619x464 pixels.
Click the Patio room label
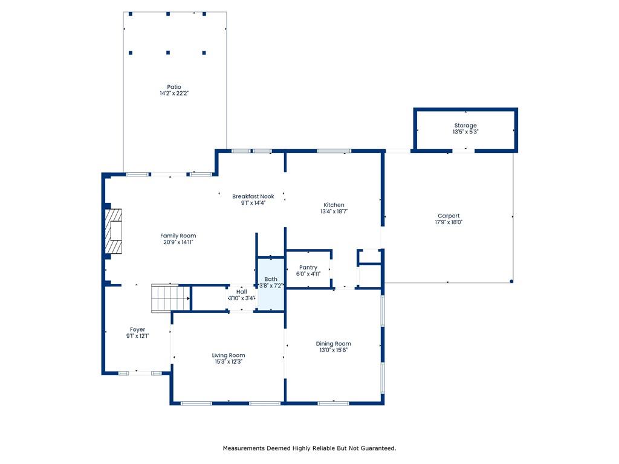[174, 87]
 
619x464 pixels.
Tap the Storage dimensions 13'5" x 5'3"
[465, 132]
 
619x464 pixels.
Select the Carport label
[449, 216]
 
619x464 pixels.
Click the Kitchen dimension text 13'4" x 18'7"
[334, 211]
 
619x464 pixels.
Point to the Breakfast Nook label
[253, 196]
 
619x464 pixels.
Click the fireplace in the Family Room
[113, 231]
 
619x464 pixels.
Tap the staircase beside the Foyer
[171, 298]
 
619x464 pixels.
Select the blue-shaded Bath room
[271, 284]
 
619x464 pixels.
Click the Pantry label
[308, 268]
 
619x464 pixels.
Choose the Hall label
[242, 292]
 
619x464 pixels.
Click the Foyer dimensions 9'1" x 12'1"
[137, 336]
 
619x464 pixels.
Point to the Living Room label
[228, 355]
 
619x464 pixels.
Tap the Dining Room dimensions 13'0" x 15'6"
[334, 350]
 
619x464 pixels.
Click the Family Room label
[178, 236]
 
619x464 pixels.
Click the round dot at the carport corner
[511, 282]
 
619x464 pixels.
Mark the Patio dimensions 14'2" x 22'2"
[174, 94]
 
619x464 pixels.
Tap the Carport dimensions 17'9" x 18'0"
[449, 222]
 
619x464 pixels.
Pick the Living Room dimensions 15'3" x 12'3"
[228, 361]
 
